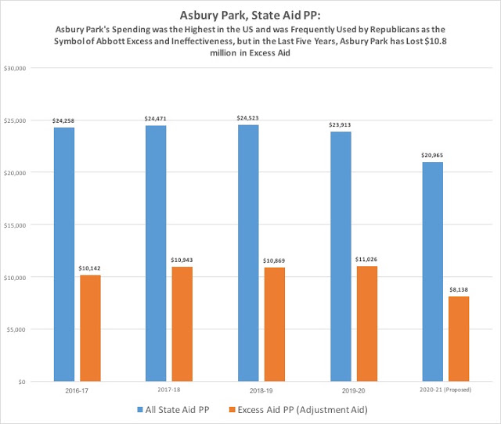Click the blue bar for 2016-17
pyautogui.click(x=64, y=254)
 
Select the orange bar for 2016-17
pyautogui.click(x=90, y=329)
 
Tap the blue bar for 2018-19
pyautogui.click(x=248, y=253)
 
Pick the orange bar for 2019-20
pyautogui.click(x=367, y=324)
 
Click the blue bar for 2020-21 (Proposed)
pyautogui.click(x=433, y=271)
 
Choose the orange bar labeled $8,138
pyautogui.click(x=459, y=339)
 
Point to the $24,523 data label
pyautogui.click(x=247, y=118)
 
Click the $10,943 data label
pyautogui.click(x=182, y=261)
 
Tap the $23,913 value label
pyautogui.click(x=340, y=125)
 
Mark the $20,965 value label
pyautogui.click(x=432, y=156)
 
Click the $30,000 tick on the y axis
pyautogui.click(x=15, y=68)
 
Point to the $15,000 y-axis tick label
pyautogui.click(x=15, y=225)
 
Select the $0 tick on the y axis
pyautogui.click(x=22, y=382)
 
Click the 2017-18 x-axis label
pyautogui.click(x=169, y=390)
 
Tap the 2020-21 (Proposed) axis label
pyautogui.click(x=445, y=390)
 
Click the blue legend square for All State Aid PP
pyautogui.click(x=140, y=410)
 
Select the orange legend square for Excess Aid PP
pyautogui.click(x=232, y=410)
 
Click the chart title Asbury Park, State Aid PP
pyautogui.click(x=250, y=16)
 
